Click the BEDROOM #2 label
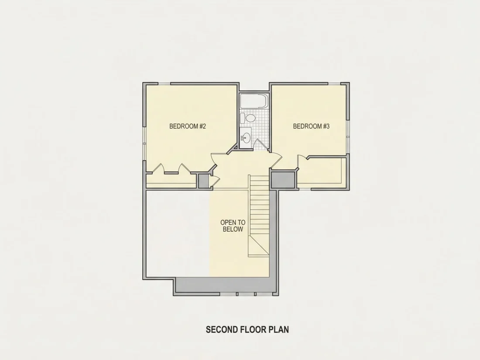(188, 126)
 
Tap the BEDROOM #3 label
(311, 126)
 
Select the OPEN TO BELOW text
(233, 226)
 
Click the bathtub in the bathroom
(254, 101)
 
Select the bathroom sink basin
(246, 138)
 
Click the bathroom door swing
(260, 144)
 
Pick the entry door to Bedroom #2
(215, 161)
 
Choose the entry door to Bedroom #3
(276, 160)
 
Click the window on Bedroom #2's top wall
(164, 84)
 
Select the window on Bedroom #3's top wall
(334, 84)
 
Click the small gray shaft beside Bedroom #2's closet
(203, 181)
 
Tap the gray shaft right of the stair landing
(283, 180)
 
